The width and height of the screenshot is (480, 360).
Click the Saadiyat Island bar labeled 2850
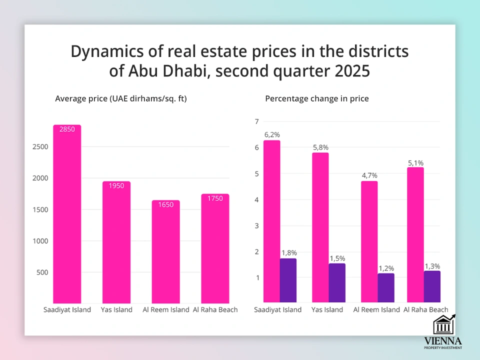(x=67, y=215)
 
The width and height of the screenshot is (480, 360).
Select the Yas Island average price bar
(x=116, y=242)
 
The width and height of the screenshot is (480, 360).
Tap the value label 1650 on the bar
(x=166, y=205)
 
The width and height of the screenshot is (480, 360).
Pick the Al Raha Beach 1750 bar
(x=215, y=250)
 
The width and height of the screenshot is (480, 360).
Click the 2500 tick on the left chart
(x=40, y=147)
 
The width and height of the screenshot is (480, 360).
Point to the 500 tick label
(x=43, y=272)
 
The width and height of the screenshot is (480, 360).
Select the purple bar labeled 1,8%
(x=288, y=280)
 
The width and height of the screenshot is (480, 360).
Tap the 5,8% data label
(x=320, y=147)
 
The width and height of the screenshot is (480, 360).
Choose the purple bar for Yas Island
(x=337, y=283)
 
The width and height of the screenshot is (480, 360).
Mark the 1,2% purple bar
(x=386, y=288)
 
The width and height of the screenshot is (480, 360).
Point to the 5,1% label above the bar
(x=416, y=162)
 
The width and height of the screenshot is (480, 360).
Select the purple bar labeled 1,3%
(x=432, y=286)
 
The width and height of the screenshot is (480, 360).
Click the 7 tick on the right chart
(x=256, y=121)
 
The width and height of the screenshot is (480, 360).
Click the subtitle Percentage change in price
(x=316, y=98)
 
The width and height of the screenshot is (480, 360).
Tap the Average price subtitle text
(x=120, y=98)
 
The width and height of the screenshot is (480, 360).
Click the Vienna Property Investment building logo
(x=444, y=325)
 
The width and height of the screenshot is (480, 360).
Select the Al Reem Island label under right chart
(x=376, y=309)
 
